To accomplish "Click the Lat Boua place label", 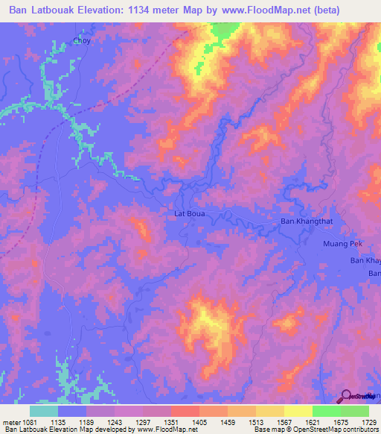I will [189, 213].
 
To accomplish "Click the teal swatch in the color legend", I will [43, 411].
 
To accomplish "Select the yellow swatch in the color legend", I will [298, 411].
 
